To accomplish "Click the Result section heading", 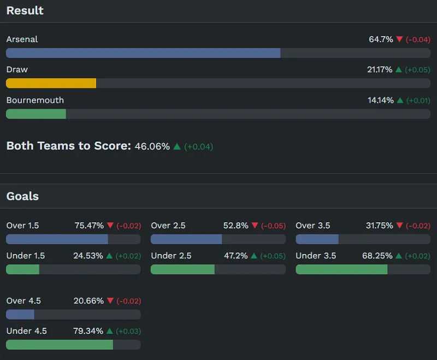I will pyautogui.click(x=25, y=10).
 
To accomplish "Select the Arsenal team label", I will pyautogui.click(x=22, y=39).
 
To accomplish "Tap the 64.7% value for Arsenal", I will pyautogui.click(x=381, y=39).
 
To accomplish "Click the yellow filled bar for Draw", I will pyautogui.click(x=51, y=83).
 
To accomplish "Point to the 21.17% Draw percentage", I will pyautogui.click(x=380, y=70).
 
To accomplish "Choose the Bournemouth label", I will pyautogui.click(x=35, y=101).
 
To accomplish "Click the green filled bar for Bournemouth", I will pyautogui.click(x=36, y=114).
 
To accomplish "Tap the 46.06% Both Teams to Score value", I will pyautogui.click(x=152, y=146).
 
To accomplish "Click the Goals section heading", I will pyautogui.click(x=22, y=196).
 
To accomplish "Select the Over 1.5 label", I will pyautogui.click(x=22, y=226).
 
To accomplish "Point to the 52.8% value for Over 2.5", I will pyautogui.click(x=236, y=226).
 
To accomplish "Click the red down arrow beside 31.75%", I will pyautogui.click(x=399, y=226).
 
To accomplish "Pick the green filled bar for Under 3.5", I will pyautogui.click(x=341, y=269).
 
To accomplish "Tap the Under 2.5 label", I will pyautogui.click(x=171, y=256).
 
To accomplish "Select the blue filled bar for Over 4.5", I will pyautogui.click(x=20, y=314).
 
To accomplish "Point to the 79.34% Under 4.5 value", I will pyautogui.click(x=88, y=331).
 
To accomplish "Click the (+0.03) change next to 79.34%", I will pyautogui.click(x=128, y=331).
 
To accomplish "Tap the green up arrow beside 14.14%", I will pyautogui.click(x=399, y=101).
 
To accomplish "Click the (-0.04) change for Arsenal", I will pyautogui.click(x=418, y=39).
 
